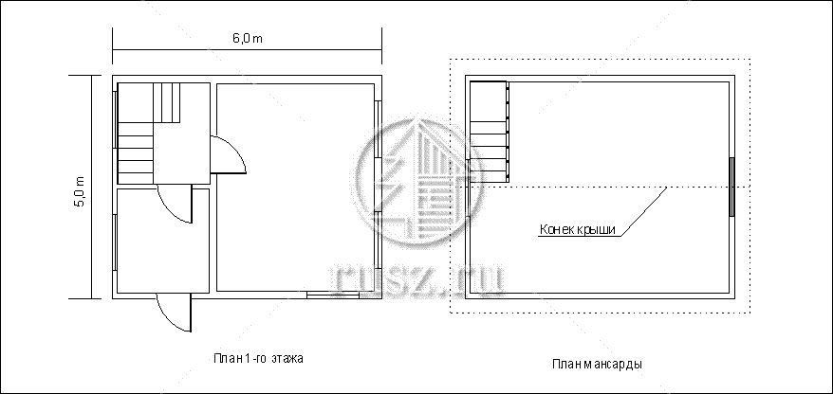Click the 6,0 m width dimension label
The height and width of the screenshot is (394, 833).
[x=247, y=39]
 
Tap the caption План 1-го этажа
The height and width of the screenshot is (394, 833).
[x=258, y=358]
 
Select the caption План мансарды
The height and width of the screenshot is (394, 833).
[x=597, y=365]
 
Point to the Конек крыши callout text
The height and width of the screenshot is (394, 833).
[x=578, y=229]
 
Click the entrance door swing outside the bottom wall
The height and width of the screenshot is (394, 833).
[x=175, y=313]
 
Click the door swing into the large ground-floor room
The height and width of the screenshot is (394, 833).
[x=229, y=154]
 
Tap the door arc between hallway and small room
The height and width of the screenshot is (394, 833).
[x=175, y=205]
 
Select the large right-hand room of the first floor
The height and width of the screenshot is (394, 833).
[x=295, y=188]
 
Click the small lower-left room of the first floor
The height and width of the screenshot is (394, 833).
[x=162, y=241]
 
